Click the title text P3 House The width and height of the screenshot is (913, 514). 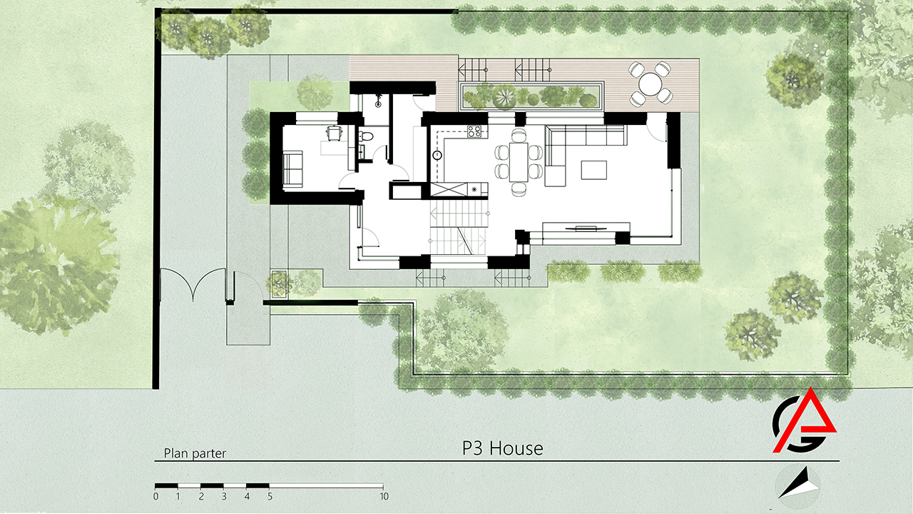503,448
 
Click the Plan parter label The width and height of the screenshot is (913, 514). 195,453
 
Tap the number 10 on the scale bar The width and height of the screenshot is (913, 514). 384,496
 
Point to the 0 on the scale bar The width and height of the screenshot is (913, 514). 155,496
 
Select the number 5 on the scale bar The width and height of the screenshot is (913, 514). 270,496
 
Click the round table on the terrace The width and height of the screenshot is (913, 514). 650,84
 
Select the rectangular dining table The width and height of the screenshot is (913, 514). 519,162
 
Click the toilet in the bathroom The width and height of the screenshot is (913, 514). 365,136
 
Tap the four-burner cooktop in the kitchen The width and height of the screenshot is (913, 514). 474,131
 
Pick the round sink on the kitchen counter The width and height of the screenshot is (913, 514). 438,156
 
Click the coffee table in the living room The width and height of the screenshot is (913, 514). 594,170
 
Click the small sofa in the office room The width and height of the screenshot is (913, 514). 292,169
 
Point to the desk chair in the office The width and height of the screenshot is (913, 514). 335,133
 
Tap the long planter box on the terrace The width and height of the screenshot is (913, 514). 531,96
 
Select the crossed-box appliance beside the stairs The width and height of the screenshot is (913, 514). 449,190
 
